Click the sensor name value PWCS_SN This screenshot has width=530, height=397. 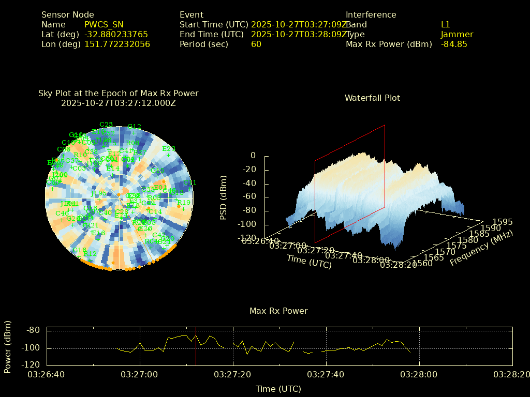point(104,24)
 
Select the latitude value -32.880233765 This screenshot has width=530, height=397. point(116,34)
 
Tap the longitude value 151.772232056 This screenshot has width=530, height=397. point(117,44)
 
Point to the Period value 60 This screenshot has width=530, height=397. point(256,44)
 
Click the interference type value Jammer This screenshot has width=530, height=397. point(457,34)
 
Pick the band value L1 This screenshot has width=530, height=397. point(446,24)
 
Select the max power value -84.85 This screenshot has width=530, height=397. point(454,44)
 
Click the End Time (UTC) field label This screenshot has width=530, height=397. point(211,34)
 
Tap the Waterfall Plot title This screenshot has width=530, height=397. point(372,98)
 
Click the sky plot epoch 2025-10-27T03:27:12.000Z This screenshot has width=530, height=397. point(119,103)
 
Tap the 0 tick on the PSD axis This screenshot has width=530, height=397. point(253,156)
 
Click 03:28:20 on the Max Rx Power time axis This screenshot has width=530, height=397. point(512,374)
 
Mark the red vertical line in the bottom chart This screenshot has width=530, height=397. point(196,346)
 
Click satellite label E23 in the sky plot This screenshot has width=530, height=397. point(169,149)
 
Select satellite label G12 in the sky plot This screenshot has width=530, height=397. point(134,127)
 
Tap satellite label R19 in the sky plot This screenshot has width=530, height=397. point(184,203)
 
